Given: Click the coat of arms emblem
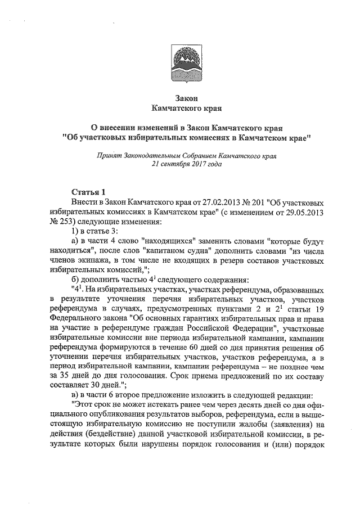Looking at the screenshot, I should [x=180, y=63].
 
